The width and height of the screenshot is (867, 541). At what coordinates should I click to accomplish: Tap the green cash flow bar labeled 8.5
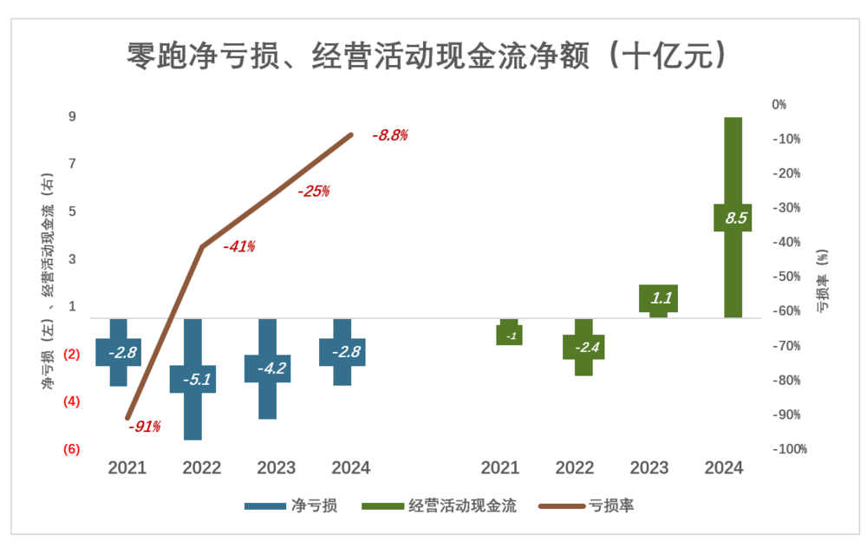click(732, 218)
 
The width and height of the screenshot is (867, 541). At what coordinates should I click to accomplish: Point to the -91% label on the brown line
click(144, 427)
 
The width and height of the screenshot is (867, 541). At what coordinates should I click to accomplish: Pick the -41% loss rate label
click(238, 246)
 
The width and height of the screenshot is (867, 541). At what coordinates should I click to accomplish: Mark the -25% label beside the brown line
click(313, 192)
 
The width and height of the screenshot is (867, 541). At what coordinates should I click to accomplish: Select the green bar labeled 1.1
click(658, 298)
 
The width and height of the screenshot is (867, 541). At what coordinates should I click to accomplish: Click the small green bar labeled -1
click(510, 335)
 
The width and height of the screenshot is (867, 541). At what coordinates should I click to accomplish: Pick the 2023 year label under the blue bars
click(277, 468)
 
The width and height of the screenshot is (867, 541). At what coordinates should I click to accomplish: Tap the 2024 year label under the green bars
click(724, 468)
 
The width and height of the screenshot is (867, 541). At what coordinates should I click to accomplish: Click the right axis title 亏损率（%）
click(822, 280)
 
